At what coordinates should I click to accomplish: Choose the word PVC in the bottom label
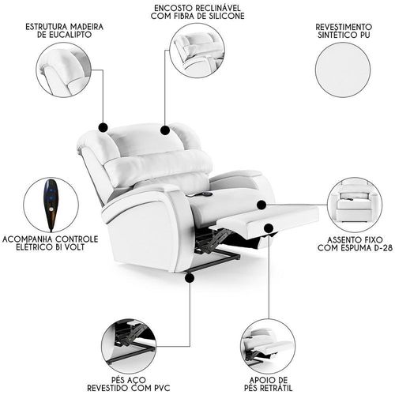click(x=160, y=388)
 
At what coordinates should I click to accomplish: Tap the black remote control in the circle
click(x=51, y=205)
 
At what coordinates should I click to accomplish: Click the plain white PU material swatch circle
click(x=343, y=70)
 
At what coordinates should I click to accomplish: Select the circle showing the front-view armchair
click(x=355, y=205)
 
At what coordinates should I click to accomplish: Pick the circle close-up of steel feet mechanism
click(x=129, y=346)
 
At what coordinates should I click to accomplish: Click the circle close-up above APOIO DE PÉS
click(x=268, y=346)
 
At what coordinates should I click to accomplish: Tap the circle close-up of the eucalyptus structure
click(x=64, y=70)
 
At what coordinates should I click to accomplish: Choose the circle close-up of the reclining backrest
click(x=197, y=50)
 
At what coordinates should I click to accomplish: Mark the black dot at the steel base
click(x=190, y=277)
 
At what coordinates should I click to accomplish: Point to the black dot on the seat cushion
click(x=261, y=205)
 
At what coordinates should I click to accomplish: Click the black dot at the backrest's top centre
click(x=165, y=130)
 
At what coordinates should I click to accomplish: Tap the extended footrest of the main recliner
click(x=267, y=221)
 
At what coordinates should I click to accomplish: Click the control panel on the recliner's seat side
click(x=204, y=194)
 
